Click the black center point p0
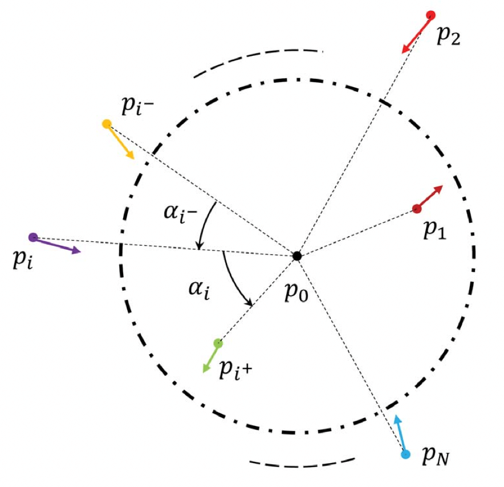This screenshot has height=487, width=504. click(297, 256)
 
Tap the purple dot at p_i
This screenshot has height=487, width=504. click(33, 238)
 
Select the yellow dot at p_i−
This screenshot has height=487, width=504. click(107, 124)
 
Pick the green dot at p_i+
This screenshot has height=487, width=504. click(218, 343)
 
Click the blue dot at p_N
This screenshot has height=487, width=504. click(405, 454)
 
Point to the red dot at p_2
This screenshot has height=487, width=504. click(430, 15)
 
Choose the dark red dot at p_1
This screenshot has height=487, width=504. click(417, 209)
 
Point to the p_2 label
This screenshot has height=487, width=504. click(448, 36)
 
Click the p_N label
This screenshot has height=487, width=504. click(436, 455)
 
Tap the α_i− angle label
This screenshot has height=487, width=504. click(180, 213)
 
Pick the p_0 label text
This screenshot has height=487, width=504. click(296, 293)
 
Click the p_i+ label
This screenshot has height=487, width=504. click(235, 370)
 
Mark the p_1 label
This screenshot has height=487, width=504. click(435, 229)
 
